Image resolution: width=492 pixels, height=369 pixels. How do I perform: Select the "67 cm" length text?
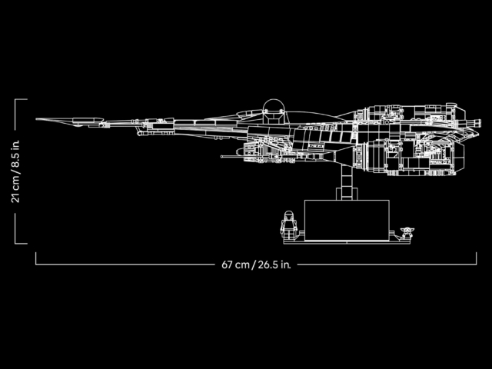(x=236, y=264)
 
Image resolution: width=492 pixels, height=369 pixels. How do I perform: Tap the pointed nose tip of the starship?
(x=38, y=120)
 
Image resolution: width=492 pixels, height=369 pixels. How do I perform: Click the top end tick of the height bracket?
(x=21, y=99)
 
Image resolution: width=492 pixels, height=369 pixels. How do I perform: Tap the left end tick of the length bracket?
(x=36, y=258)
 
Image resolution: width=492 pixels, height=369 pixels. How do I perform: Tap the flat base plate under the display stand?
(x=346, y=241)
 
